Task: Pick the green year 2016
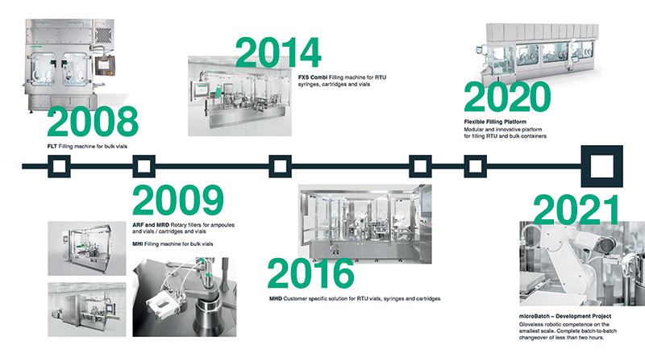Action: coord(310,273)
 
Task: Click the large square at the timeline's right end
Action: coord(601,167)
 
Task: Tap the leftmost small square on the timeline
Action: coord(60,167)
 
